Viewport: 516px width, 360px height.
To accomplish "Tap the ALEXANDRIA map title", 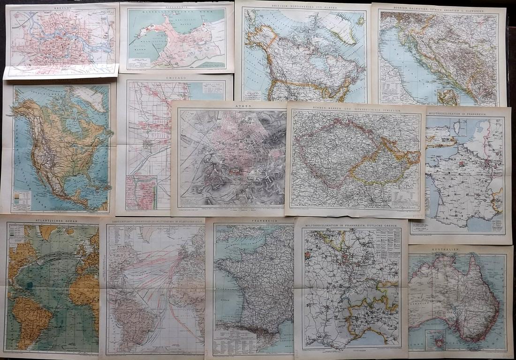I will coord(176,6).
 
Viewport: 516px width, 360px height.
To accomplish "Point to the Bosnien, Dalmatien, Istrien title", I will coord(440,9).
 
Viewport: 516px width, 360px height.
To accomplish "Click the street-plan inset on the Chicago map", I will coord(141,192).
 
